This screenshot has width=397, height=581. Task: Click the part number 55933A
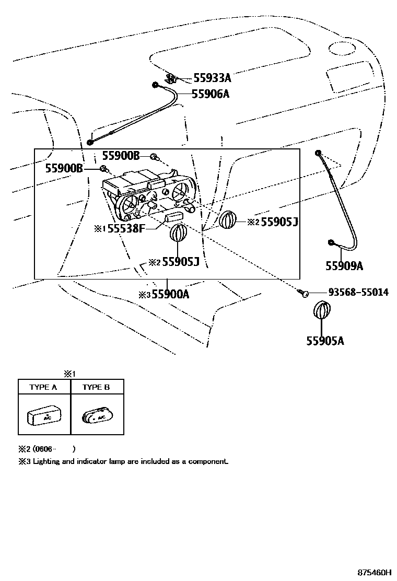point(212,78)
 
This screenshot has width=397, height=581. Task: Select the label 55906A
point(211,94)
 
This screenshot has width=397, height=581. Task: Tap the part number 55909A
point(344,266)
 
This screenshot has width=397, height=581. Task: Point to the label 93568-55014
point(358,292)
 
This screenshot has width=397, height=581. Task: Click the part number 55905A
point(325,341)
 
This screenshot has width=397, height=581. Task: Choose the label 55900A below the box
point(170,295)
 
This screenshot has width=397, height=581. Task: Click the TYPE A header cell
point(43,387)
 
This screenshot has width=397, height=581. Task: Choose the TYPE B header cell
point(97,387)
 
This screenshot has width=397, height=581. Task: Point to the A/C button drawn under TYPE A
point(43,417)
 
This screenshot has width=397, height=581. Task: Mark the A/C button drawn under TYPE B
point(97,417)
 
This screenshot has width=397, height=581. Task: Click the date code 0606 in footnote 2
point(43,448)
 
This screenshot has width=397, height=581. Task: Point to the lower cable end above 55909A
point(332,242)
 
